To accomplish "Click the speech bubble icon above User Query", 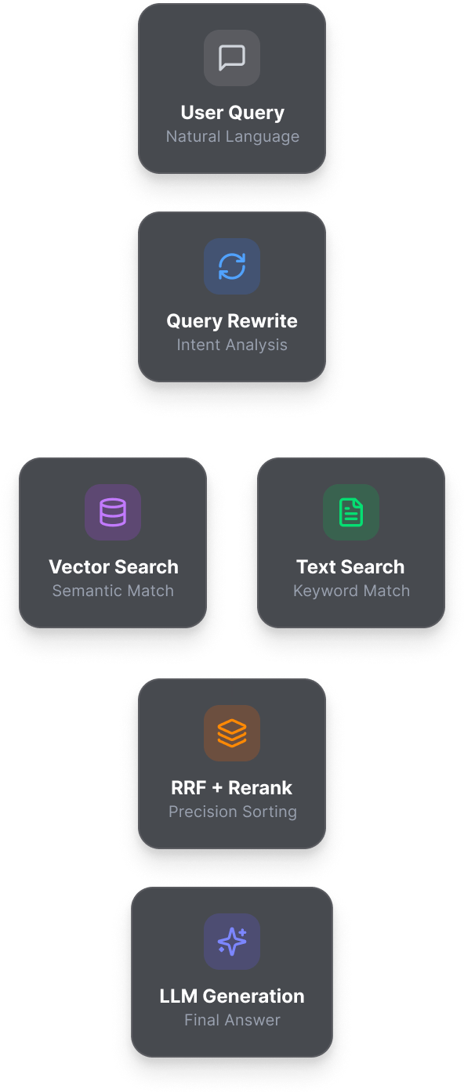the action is click(232, 57).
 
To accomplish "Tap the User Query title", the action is click(232, 113).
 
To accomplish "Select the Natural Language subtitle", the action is click(232, 136).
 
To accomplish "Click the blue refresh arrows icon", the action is click(232, 266).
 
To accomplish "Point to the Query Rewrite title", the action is click(232, 321).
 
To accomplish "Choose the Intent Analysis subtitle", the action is click(232, 345).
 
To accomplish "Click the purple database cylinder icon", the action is click(113, 512).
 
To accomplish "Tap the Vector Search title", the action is click(113, 567).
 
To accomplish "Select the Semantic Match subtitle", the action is click(113, 591).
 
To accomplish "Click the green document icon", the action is click(351, 512).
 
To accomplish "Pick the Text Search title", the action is click(350, 567).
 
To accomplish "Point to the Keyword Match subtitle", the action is click(351, 591).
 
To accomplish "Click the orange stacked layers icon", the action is click(232, 732).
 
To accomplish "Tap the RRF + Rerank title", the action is click(232, 788).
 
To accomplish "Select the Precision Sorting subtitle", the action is click(232, 812).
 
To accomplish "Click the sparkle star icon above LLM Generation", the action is click(232, 942).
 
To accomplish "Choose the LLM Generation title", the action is click(232, 996).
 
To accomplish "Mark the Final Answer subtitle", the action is click(232, 1020).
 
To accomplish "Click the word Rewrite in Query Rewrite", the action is click(263, 321).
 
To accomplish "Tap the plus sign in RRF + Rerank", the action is click(217, 788).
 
